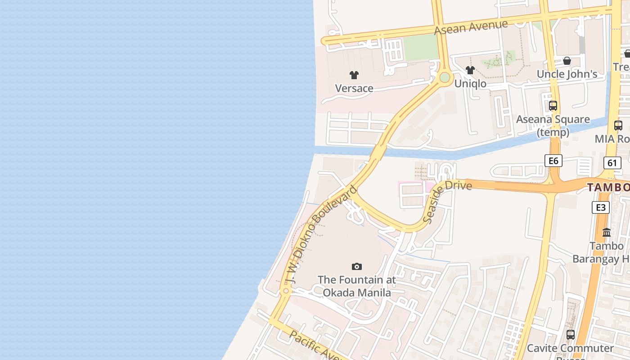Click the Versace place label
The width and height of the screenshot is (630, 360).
tap(354, 88)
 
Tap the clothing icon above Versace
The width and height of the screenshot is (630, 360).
tap(354, 75)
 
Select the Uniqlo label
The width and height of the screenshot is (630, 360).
tap(470, 83)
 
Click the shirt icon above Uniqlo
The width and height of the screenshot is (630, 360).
tap(470, 70)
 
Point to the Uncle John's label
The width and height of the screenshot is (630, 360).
tap(567, 74)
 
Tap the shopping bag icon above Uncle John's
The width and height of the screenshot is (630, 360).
tap(567, 61)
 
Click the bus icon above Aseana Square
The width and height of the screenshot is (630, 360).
tap(553, 106)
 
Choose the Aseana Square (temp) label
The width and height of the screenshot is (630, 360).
tap(553, 126)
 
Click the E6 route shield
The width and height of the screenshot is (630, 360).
tap(553, 161)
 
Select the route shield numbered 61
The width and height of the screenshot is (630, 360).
tap(612, 163)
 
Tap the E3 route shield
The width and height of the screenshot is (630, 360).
tap(601, 207)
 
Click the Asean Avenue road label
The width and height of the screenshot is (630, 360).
tap(471, 27)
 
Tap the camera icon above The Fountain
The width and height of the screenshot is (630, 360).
tap(357, 267)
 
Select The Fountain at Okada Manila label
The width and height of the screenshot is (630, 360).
tap(357, 286)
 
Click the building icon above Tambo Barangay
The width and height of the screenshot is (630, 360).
tap(607, 233)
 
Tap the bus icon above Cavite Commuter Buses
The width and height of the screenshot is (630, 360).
tap(571, 335)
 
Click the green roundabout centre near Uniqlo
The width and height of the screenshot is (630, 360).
tap(445, 77)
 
